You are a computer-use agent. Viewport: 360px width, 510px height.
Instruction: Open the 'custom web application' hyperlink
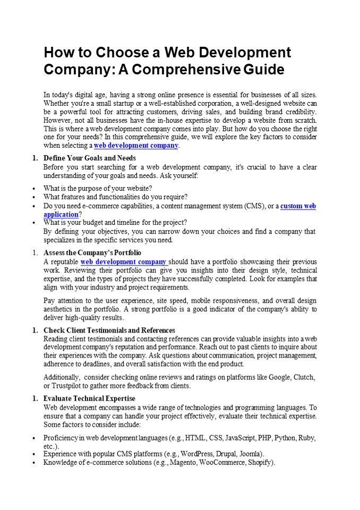click(x=298, y=206)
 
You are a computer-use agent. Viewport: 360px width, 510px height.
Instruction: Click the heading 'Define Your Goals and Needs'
click(x=90, y=158)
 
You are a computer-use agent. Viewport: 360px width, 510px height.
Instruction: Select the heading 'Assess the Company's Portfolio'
click(x=92, y=253)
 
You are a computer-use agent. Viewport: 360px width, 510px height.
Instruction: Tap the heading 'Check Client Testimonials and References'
click(x=109, y=330)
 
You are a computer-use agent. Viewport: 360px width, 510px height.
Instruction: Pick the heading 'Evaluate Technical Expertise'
click(x=89, y=398)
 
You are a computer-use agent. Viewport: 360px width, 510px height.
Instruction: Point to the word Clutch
click(x=304, y=377)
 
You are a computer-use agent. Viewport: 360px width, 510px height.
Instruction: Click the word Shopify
click(x=260, y=463)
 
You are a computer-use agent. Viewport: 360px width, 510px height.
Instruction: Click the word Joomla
click(x=250, y=454)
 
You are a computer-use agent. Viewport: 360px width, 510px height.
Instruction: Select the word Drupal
click(x=226, y=454)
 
